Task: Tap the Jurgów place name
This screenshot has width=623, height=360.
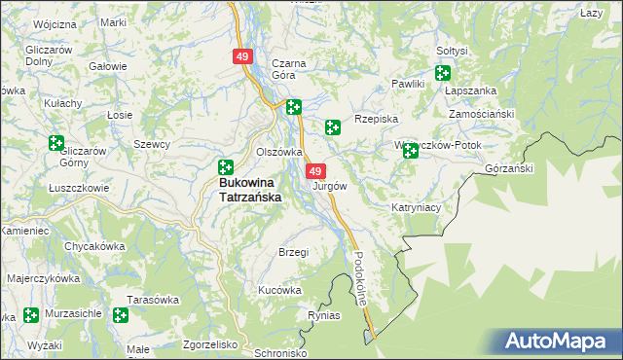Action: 328,185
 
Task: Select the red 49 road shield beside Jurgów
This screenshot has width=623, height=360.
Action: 315,170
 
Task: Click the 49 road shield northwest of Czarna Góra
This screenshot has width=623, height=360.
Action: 242,58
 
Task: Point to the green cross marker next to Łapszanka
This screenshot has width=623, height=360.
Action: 444,73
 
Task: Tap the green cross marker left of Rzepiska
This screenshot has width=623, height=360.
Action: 332,126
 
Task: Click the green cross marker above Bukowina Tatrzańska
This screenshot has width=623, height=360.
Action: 226,167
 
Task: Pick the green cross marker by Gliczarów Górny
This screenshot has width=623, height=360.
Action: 56,143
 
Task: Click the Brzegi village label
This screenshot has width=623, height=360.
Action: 293,252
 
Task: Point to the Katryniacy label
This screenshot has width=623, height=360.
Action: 417,207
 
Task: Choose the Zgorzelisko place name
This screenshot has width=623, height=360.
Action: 210,344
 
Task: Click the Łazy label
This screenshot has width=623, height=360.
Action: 591,13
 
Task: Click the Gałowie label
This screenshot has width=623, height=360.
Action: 108,66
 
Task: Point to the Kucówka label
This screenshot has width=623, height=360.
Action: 279,290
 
